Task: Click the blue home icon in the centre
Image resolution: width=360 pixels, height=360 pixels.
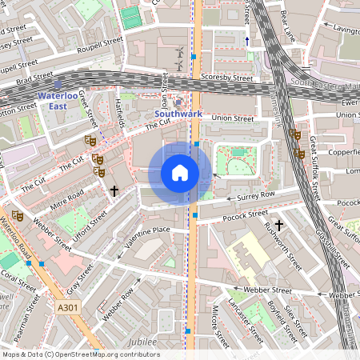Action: coord(180,173)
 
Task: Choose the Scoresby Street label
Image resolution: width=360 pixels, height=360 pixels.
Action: coord(228,78)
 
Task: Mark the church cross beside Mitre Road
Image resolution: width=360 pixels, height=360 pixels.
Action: coord(114,191)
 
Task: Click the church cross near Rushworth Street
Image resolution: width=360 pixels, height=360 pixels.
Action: coord(279,226)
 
